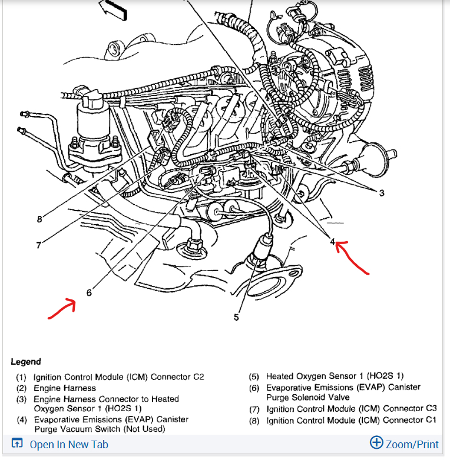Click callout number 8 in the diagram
pyautogui.click(x=39, y=219)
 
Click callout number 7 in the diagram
pyautogui.click(x=39, y=245)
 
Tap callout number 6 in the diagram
pyautogui.click(x=89, y=292)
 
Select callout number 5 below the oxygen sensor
pyautogui.click(x=236, y=317)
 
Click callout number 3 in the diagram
pyautogui.click(x=382, y=194)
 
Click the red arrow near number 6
pyautogui.click(x=62, y=309)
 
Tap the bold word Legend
pyautogui.click(x=26, y=361)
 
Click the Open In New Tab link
pyautogui.click(x=69, y=445)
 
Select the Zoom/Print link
pyautogui.click(x=412, y=444)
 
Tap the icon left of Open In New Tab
pyautogui.click(x=17, y=444)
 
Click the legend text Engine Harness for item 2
pyautogui.click(x=64, y=388)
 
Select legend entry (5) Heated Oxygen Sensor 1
pyautogui.click(x=335, y=376)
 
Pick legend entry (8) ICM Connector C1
pyautogui.click(x=351, y=420)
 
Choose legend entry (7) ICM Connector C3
pyautogui.click(x=351, y=408)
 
